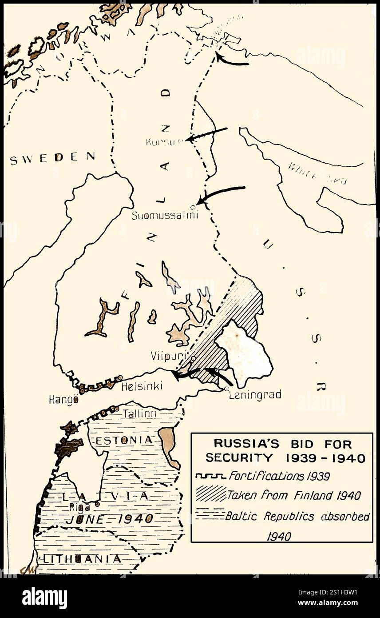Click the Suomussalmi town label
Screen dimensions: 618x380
click(x=164, y=215)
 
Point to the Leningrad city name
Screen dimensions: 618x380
click(x=255, y=394)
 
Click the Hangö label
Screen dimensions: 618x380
click(x=63, y=399)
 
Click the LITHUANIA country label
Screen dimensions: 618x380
click(x=81, y=559)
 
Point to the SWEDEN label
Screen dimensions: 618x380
click(x=52, y=157)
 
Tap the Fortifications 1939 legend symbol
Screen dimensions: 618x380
click(x=210, y=476)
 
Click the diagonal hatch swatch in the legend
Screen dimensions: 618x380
click(x=210, y=495)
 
